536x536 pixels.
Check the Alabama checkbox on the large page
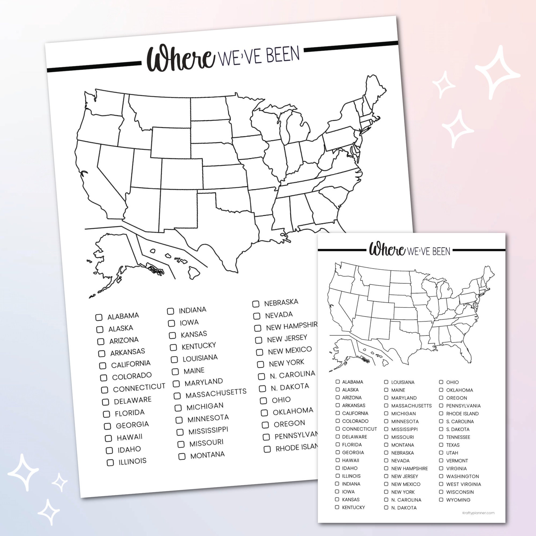tap(99, 317)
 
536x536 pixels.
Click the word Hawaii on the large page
tap(129, 437)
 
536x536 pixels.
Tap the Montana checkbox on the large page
tap(182, 456)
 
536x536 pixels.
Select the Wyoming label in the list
tap(458, 500)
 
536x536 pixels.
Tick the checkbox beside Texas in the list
tap(441, 445)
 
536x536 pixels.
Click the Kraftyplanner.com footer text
tap(479, 513)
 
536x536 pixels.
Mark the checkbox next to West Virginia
tap(441, 484)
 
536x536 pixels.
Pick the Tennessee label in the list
tap(458, 437)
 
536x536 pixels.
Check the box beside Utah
tap(441, 453)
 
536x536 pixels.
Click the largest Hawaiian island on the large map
tap(194, 273)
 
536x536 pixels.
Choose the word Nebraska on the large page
tap(281, 303)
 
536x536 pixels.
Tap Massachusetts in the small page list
tap(411, 406)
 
